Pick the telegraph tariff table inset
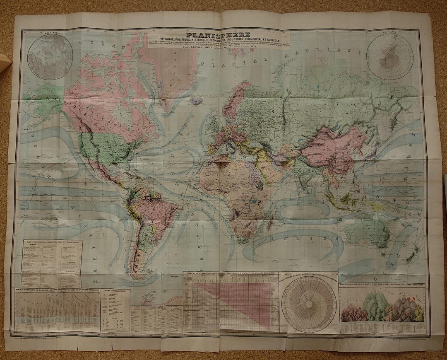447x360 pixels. [x=52, y=263]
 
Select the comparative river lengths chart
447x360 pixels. [x=57, y=311]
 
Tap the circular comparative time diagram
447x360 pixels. [x=309, y=304]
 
